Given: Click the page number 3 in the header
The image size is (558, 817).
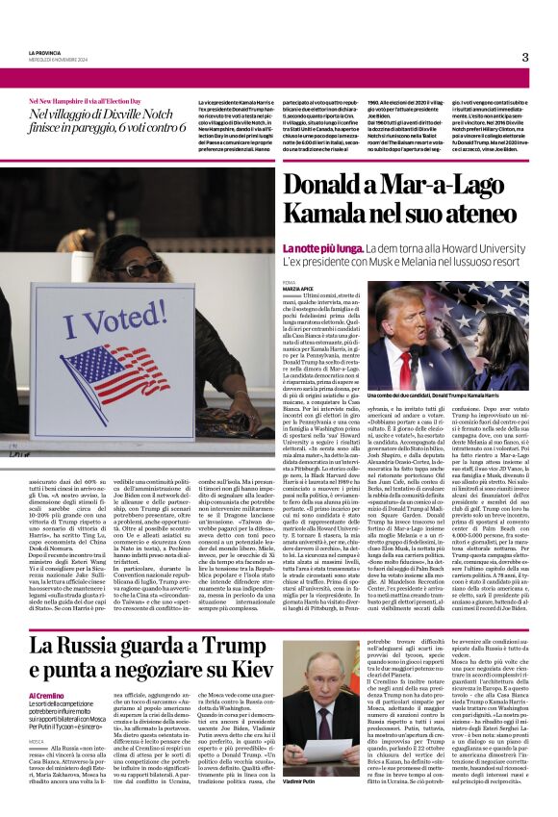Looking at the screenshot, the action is coord(524,57).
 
